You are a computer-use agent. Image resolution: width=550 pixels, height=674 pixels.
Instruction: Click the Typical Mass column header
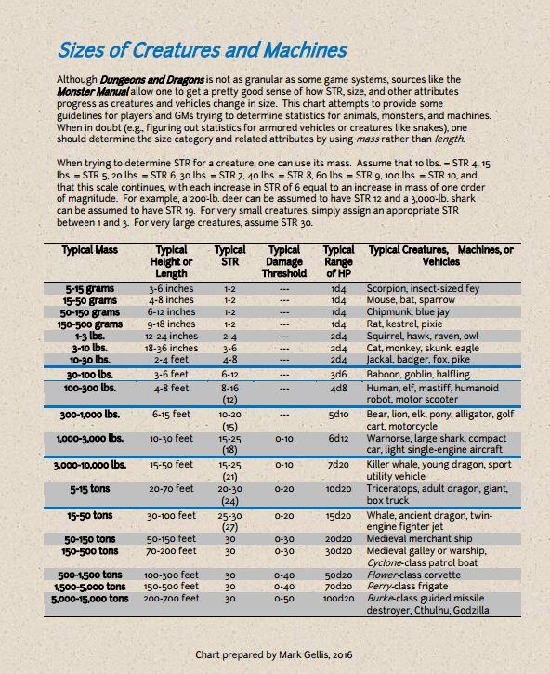(89, 250)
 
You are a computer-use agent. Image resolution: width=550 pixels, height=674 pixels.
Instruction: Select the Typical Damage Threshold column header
(284, 261)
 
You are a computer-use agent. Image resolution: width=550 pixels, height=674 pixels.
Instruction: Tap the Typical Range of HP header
(338, 261)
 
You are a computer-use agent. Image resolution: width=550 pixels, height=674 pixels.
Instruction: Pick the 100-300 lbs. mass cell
(89, 387)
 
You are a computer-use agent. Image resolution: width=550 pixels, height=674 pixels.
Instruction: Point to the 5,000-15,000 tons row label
(90, 599)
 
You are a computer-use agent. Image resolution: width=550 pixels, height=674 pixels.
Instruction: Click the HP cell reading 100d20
(338, 599)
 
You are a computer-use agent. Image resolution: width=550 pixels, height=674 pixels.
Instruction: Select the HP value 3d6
(338, 374)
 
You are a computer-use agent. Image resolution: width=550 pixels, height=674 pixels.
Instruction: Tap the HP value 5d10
(338, 414)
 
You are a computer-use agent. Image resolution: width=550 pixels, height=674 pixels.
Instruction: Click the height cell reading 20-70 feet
(172, 487)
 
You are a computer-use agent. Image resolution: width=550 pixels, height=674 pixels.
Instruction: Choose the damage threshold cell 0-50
(284, 599)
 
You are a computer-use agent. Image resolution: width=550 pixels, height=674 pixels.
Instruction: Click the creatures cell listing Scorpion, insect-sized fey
(424, 289)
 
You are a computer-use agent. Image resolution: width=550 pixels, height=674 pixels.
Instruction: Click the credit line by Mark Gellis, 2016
(274, 654)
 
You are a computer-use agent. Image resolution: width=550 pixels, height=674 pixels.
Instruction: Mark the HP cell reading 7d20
(338, 463)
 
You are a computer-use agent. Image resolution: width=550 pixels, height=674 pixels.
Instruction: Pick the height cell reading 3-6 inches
(172, 289)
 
